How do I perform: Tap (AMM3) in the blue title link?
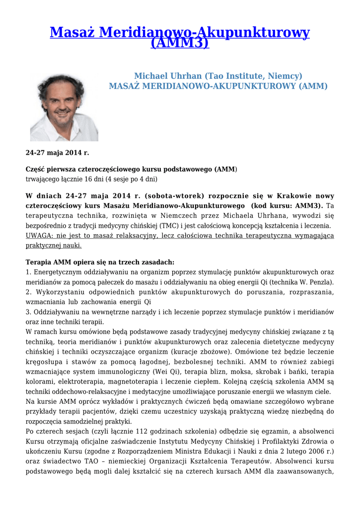[x=180, y=43]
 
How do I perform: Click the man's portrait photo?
[x=64, y=108]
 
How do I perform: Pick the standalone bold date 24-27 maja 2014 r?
[x=57, y=152]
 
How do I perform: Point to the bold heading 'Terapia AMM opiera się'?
[x=99, y=262]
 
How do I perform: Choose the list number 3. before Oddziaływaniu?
[x=28, y=312]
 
